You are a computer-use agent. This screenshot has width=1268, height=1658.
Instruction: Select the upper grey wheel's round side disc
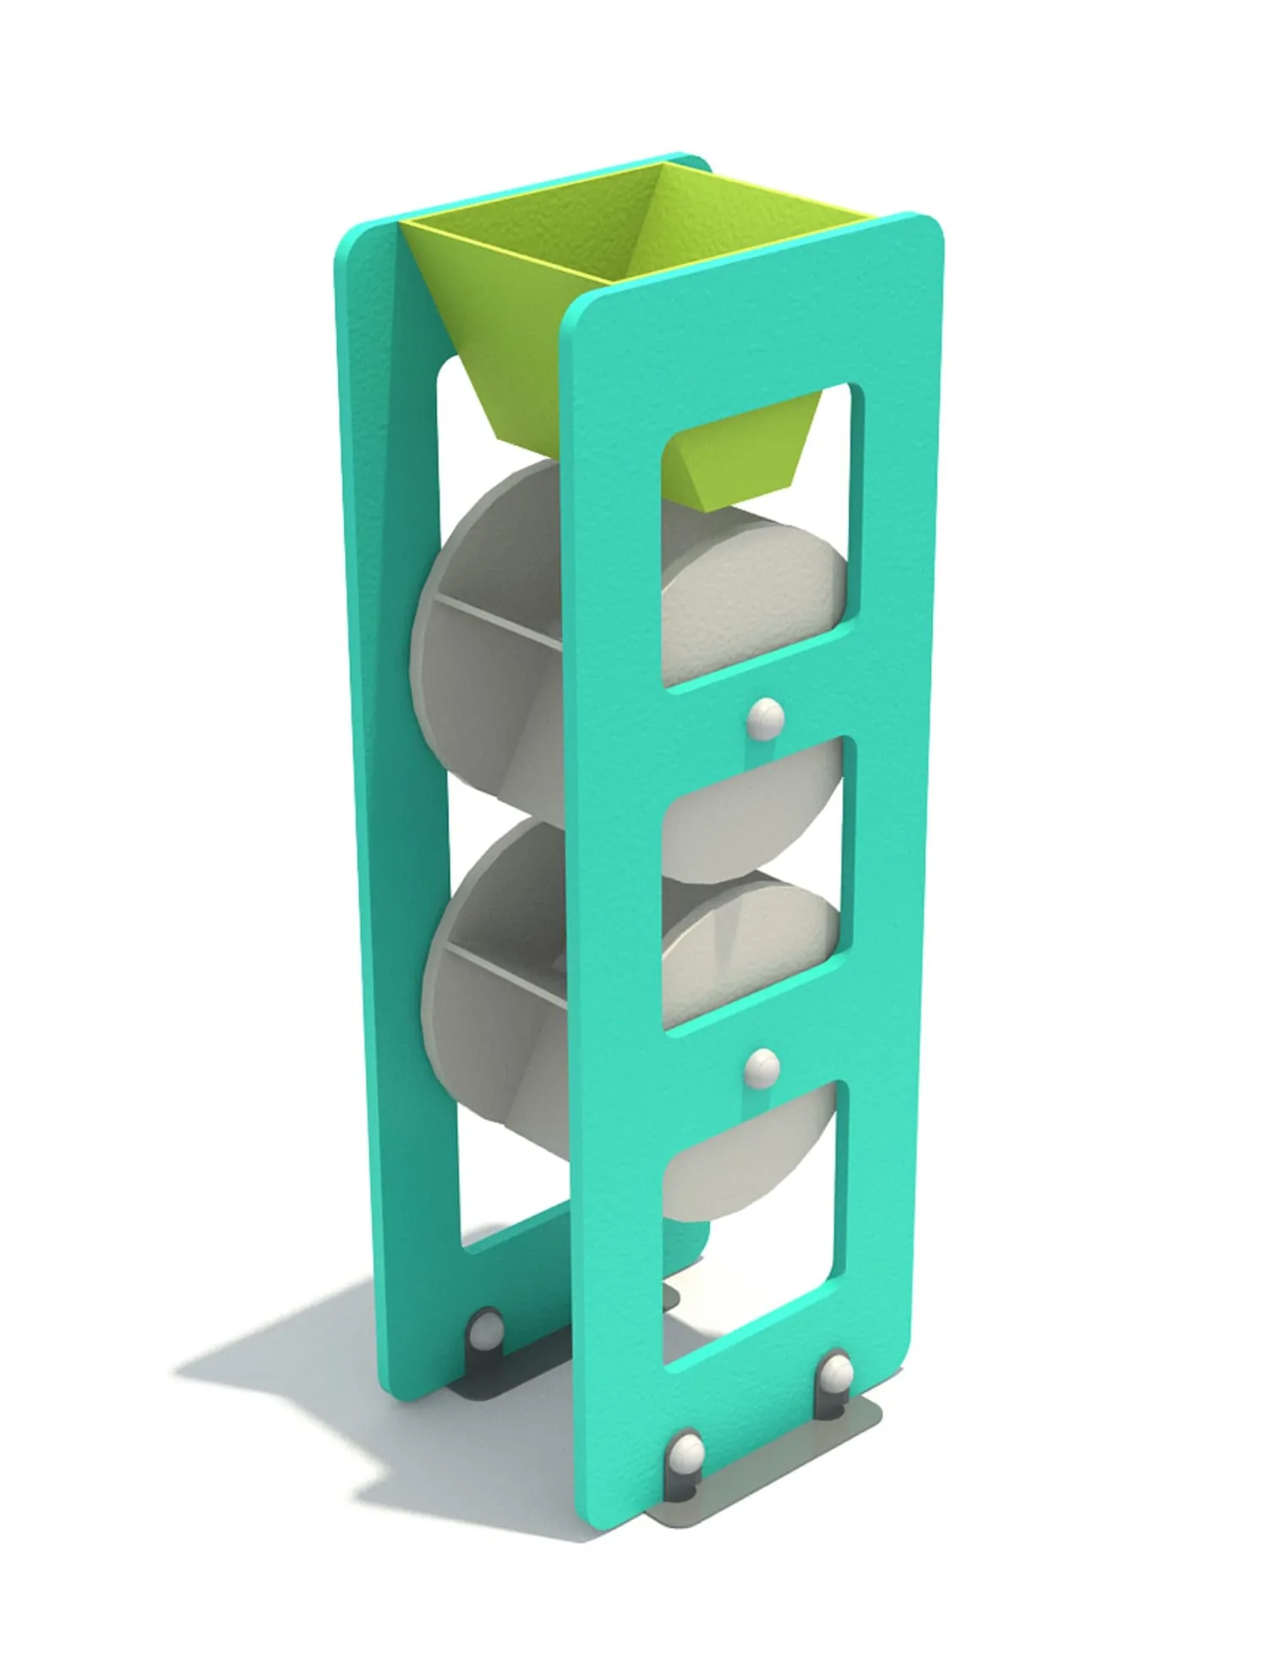pyautogui.click(x=752, y=592)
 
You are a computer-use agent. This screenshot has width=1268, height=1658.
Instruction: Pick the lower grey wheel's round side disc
pyautogui.click(x=752, y=955)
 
